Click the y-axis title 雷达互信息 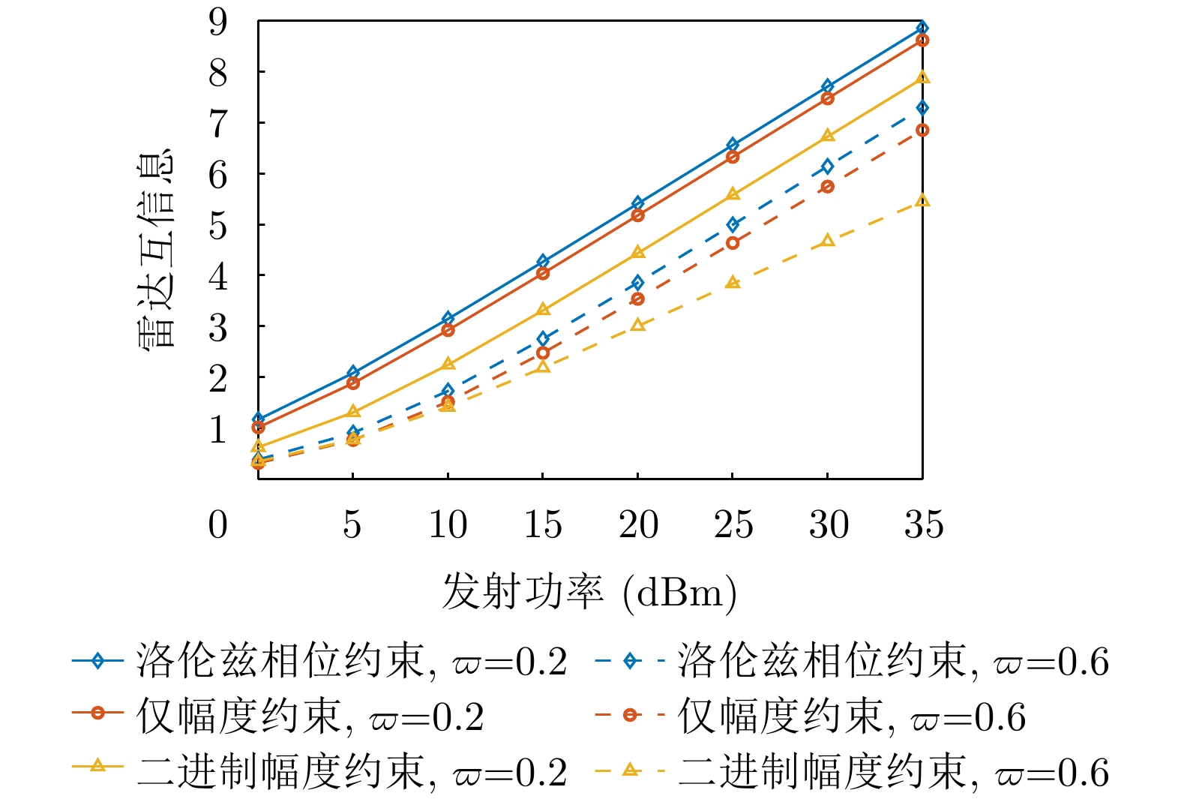point(156,248)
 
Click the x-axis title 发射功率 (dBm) point(589,593)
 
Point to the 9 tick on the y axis point(218,22)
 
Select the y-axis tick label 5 point(218,225)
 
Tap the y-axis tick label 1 point(218,429)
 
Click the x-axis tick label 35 point(923,524)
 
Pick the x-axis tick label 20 point(638,524)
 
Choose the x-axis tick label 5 point(352,524)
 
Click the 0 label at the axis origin point(218,524)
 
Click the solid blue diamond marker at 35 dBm point(922,29)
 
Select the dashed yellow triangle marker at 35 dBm point(922,200)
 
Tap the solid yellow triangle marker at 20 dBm point(638,252)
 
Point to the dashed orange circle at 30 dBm point(827,186)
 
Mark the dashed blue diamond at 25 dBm point(733,224)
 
